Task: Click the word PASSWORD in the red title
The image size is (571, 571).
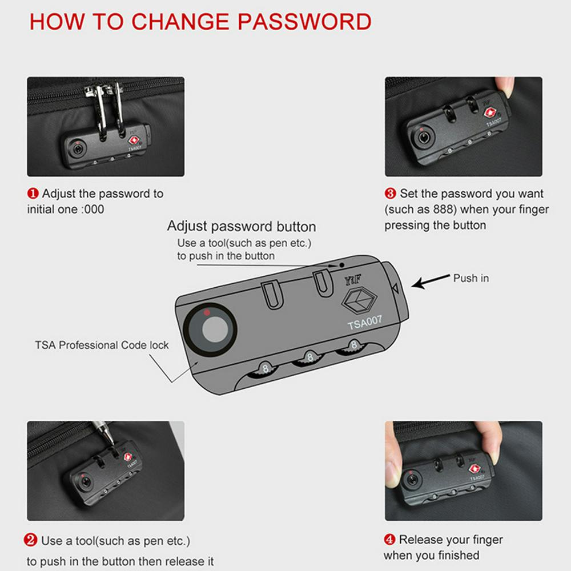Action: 304,22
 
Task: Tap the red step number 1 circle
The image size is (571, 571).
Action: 33,194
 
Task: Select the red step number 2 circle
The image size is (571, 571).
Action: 30,540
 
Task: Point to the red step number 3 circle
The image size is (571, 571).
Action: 391,193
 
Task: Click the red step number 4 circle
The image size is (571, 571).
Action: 389,540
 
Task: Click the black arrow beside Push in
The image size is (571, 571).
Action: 431,281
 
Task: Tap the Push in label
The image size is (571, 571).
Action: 471,278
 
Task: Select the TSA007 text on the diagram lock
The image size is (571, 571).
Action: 364,323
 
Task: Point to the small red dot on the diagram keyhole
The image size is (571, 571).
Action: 207,312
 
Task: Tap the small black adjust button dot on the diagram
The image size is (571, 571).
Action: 341,265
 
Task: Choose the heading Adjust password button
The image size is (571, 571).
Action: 242,226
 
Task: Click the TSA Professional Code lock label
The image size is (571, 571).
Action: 102,345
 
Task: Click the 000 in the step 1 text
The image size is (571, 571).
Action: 94,210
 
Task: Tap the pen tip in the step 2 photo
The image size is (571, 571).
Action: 111,443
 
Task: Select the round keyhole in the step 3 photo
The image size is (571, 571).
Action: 423,138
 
